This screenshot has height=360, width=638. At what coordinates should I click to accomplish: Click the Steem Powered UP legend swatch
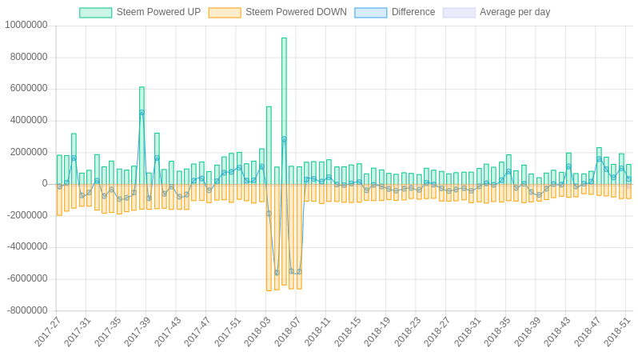pyautogui.click(x=96, y=13)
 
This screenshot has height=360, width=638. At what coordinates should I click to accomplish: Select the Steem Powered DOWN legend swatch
pyautogui.click(x=225, y=13)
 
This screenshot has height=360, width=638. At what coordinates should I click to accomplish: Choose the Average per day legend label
pyautogui.click(x=514, y=12)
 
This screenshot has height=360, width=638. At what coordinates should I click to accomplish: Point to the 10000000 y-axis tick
pyautogui.click(x=26, y=25)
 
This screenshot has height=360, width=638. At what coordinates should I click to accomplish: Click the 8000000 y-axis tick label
pyautogui.click(x=29, y=57)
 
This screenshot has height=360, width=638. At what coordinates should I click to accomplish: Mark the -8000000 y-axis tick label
pyautogui.click(x=27, y=310)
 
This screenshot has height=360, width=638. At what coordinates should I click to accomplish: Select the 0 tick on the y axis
pyautogui.click(x=45, y=183)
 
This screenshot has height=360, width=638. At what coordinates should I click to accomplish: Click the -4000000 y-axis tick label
pyautogui.click(x=27, y=246)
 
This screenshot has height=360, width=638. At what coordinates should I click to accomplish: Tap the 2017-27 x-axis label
pyautogui.click(x=48, y=331)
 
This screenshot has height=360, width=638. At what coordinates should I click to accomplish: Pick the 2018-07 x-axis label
pyautogui.click(x=288, y=331)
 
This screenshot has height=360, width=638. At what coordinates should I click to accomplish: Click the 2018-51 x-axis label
pyautogui.click(x=617, y=331)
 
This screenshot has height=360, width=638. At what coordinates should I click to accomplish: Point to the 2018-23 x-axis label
pyautogui.click(x=408, y=331)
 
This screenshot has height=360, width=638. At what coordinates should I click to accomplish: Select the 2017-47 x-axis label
pyautogui.click(x=197, y=331)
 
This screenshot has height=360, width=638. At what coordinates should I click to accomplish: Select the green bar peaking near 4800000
pyautogui.click(x=269, y=144)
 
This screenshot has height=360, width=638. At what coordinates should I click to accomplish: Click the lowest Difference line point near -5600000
pyautogui.click(x=277, y=273)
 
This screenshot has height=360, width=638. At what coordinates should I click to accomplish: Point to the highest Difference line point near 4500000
pyautogui.click(x=142, y=113)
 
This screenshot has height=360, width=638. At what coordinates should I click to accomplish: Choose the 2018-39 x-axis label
pyautogui.click(x=528, y=331)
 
